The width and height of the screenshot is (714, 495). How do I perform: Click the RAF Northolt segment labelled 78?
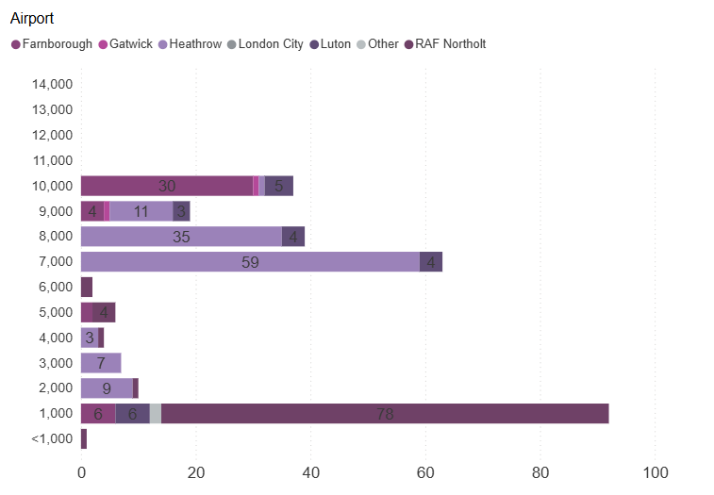[x=385, y=413]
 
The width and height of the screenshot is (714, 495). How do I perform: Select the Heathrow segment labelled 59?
[x=250, y=262]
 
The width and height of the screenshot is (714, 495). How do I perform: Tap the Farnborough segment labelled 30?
[x=167, y=186]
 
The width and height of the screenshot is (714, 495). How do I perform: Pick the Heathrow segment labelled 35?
[x=181, y=237]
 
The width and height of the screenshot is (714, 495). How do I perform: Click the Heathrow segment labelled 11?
[x=141, y=211]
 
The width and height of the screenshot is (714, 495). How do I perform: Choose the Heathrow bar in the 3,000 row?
[x=101, y=363]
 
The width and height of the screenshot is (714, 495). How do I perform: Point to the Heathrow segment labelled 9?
[x=107, y=388]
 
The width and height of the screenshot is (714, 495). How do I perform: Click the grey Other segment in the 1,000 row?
[x=156, y=413]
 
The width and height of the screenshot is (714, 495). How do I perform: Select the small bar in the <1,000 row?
[x=84, y=438]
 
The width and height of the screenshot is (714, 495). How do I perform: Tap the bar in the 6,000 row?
[x=87, y=288]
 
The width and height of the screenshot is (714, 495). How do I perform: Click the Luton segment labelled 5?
[x=279, y=186]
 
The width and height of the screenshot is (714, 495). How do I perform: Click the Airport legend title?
[x=32, y=19]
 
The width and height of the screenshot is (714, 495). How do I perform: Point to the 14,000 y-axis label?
[x=52, y=85]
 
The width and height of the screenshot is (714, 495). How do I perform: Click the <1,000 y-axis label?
[x=52, y=438]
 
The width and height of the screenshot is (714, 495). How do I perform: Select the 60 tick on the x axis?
[x=425, y=471]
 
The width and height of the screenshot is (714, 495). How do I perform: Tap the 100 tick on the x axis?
[x=655, y=471]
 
